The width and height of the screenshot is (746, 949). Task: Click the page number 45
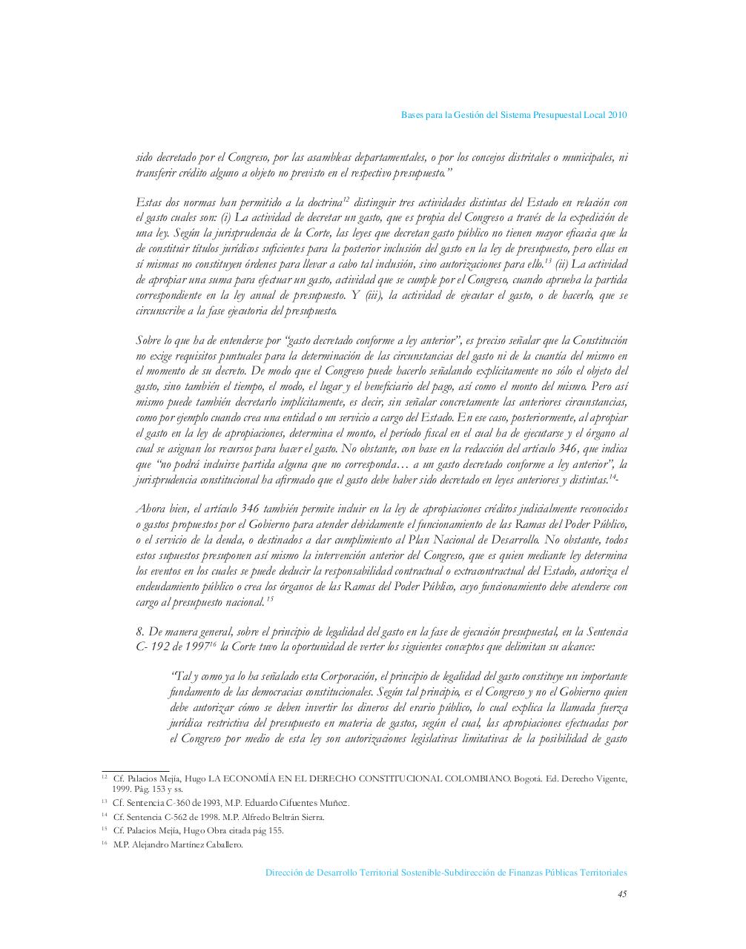(x=622, y=894)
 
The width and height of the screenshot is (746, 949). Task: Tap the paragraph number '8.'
(x=140, y=632)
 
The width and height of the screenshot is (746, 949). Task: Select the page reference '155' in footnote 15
(x=274, y=830)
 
